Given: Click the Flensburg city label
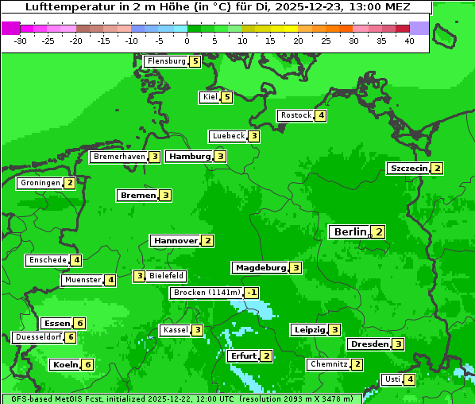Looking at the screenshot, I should click(166, 61).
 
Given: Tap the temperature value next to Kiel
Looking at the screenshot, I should click(227, 98).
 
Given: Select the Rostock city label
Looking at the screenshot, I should click(295, 115).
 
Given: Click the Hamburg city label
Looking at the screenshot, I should click(189, 157).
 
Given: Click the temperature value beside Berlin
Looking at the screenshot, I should click(379, 232).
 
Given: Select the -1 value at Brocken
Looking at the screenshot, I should click(252, 293).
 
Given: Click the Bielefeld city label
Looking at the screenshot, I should click(167, 276).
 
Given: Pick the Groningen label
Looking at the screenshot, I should click(40, 183).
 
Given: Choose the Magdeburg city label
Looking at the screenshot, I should click(260, 268).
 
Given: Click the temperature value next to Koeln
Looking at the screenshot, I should click(87, 365).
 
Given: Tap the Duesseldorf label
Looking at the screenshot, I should click(38, 337).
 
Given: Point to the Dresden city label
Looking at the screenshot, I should click(369, 344).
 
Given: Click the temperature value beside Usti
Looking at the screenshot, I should click(410, 379).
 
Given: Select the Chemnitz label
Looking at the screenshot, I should click(328, 364).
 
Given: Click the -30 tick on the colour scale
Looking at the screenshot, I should click(21, 40).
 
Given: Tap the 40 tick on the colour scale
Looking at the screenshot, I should click(409, 40).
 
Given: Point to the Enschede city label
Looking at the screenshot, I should click(47, 260).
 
